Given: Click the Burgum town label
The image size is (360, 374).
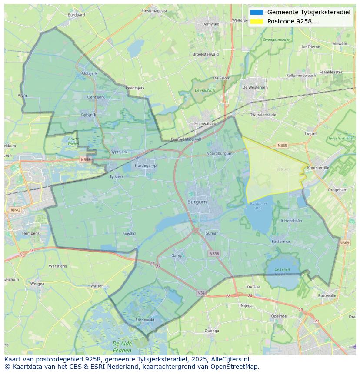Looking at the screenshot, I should (197, 202).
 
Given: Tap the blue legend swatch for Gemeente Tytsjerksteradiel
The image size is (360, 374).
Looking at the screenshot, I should (257, 12).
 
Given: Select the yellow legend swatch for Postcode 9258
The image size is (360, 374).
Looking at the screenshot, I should (257, 21).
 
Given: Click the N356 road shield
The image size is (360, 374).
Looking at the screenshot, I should (214, 254).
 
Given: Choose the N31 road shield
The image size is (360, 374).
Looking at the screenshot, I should (201, 293).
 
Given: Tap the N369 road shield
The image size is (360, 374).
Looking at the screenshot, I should (344, 243).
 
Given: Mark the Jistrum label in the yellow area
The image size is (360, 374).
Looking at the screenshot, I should (283, 169).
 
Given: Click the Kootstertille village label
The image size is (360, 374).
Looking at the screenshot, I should (318, 168).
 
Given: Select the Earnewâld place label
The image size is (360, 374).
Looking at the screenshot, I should (145, 320).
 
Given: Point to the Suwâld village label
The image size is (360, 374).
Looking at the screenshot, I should (129, 233).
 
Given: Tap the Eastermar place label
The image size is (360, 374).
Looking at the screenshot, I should (280, 241).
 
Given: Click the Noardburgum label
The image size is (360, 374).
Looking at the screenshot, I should (219, 153).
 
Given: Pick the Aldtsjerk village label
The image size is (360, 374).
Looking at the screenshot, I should (90, 73).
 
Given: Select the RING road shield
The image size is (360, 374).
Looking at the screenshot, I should (16, 210).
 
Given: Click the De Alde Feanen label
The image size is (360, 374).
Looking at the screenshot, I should (122, 347).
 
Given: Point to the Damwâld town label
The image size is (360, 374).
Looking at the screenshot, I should (211, 24).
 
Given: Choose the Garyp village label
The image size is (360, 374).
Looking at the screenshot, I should (177, 256).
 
